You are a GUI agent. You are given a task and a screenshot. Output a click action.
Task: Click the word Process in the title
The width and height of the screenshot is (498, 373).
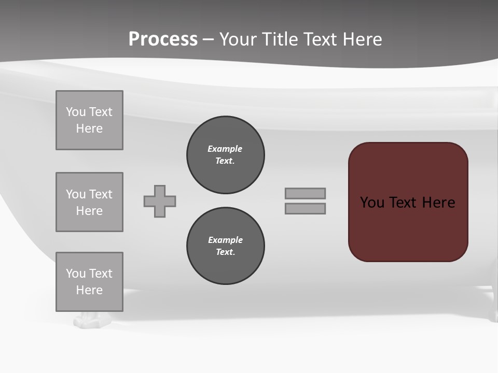163,39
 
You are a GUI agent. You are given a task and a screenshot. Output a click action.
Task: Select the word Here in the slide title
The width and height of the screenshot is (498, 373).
362,39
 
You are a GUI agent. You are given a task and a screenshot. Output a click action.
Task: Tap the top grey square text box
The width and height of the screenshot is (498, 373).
89,120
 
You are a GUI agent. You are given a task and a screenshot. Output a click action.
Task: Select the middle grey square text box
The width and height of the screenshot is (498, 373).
89,202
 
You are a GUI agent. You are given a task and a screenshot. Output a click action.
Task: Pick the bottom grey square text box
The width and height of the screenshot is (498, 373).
89,282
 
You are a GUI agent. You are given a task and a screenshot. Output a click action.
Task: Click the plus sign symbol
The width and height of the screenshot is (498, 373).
160,201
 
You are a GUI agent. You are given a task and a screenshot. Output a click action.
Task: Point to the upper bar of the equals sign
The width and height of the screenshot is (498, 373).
305,193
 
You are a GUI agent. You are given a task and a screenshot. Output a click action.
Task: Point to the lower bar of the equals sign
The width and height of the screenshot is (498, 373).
305,208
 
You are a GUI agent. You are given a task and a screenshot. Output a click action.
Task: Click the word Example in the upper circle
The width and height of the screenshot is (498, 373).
225,149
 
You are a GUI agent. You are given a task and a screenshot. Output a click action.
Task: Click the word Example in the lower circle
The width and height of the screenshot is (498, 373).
225,240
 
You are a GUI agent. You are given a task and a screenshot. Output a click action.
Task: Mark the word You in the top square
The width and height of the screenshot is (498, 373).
75,112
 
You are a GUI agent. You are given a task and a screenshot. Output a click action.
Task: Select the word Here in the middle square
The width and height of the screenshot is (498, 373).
89,211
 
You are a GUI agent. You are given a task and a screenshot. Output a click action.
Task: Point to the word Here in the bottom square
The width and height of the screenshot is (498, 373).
89,290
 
